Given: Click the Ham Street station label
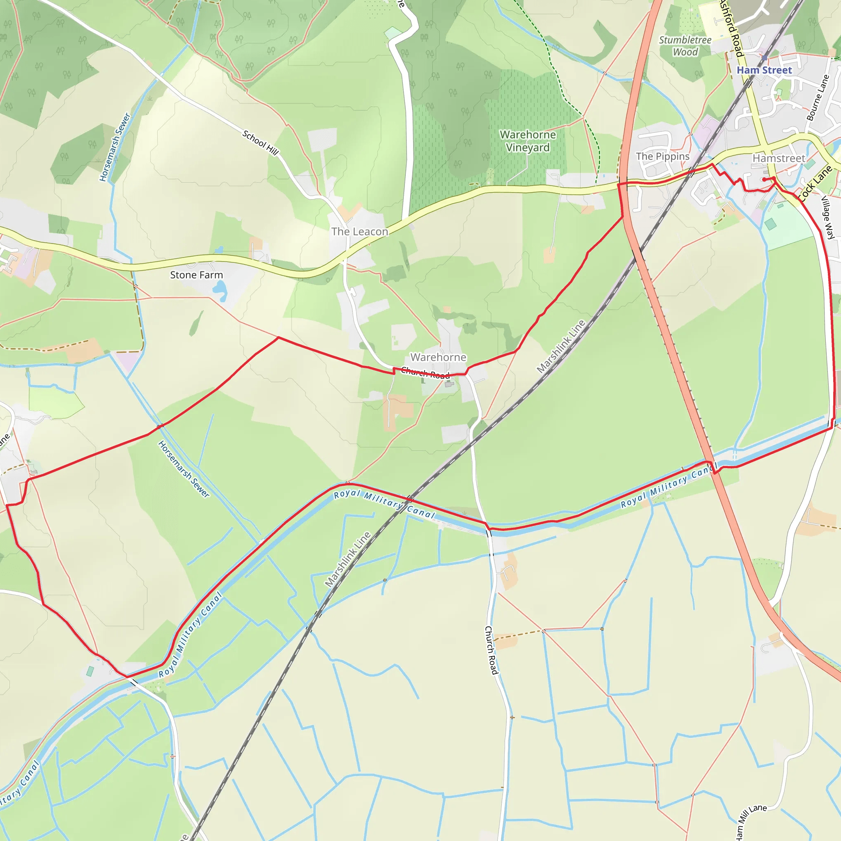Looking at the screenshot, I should click(x=764, y=70).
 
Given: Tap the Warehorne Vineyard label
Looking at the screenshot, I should click(x=528, y=141).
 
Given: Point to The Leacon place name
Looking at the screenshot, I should click(x=360, y=232).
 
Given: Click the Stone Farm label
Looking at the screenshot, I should click(x=196, y=275).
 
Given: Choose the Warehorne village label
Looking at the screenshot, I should click(x=438, y=357).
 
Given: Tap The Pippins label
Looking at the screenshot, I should click(x=662, y=156).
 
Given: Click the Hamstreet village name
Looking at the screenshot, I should click(x=779, y=159).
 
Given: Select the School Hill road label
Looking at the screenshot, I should click(x=260, y=142).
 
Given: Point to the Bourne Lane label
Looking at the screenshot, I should click(x=818, y=98).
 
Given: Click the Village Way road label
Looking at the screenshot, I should click(x=827, y=218).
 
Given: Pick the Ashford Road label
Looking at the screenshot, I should click(x=731, y=28).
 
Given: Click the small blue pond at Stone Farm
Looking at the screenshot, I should click(x=220, y=290).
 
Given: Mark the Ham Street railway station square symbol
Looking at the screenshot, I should click(x=764, y=58).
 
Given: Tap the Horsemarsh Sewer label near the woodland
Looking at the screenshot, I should click(x=115, y=147).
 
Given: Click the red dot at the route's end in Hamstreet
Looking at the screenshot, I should click(x=764, y=179).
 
